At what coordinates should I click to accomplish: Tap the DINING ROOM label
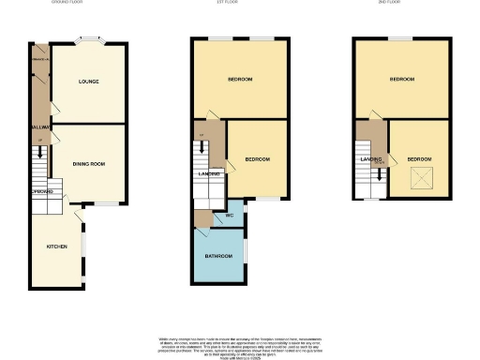(86, 164)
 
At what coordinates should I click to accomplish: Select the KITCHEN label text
(57, 247)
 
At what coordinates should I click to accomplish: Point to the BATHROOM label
(218, 256)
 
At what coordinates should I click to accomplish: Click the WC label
(229, 217)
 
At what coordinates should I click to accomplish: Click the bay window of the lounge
(91, 41)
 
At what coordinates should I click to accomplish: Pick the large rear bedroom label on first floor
(239, 79)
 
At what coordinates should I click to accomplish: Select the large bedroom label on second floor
(402, 79)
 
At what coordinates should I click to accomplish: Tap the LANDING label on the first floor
(208, 173)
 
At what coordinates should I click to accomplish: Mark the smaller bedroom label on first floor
(257, 159)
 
